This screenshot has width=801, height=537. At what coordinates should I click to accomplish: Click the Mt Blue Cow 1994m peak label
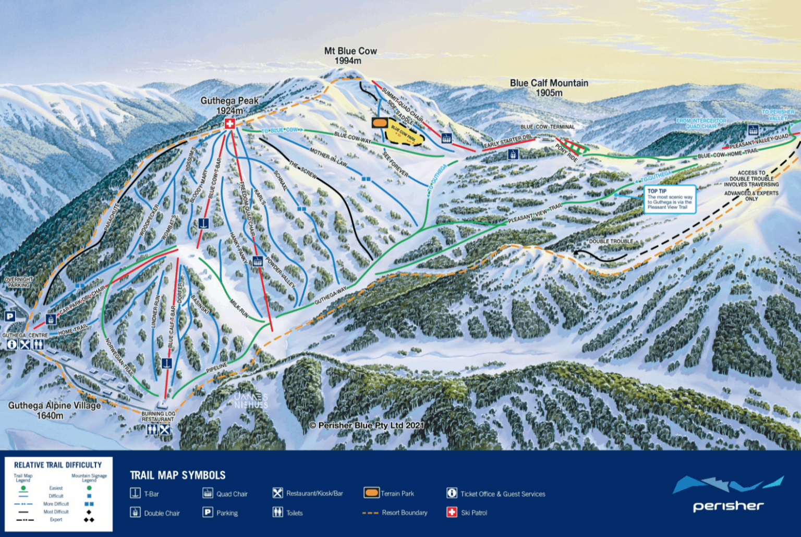coord(350,56)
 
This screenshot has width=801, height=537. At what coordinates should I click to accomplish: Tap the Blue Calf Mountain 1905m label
coord(549,88)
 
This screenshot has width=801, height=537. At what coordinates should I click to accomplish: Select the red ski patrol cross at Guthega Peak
coord(229,124)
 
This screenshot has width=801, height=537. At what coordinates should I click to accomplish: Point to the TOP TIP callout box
coord(670,199)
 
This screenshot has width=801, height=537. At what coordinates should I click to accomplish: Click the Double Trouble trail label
coord(611,242)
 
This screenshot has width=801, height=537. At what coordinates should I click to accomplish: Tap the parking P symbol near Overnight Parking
coord(10,316)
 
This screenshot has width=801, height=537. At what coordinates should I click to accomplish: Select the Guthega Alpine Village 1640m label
coord(54,410)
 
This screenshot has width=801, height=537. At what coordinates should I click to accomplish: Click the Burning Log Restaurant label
coord(158,416)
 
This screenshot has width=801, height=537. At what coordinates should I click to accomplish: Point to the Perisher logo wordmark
coord(728,506)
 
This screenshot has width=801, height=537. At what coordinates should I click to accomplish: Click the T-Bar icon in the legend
coord(135,493)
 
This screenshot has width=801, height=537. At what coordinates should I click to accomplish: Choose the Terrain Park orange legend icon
coord(371,493)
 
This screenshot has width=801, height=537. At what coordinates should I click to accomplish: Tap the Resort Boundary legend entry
coord(395,512)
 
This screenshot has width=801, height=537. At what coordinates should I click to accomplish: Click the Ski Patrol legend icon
coord(452,512)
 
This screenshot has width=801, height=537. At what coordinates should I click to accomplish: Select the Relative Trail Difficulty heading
coord(58,465)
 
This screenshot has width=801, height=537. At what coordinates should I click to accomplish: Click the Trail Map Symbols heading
coord(177,475)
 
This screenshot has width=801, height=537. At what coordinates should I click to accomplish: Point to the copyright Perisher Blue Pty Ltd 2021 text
coord(367,425)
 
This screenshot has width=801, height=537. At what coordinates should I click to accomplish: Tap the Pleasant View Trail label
coord(535,213)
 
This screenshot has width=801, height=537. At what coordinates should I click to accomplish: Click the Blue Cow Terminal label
coord(547,127)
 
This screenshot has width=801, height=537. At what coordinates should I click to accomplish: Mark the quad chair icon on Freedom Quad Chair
coord(257,261)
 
